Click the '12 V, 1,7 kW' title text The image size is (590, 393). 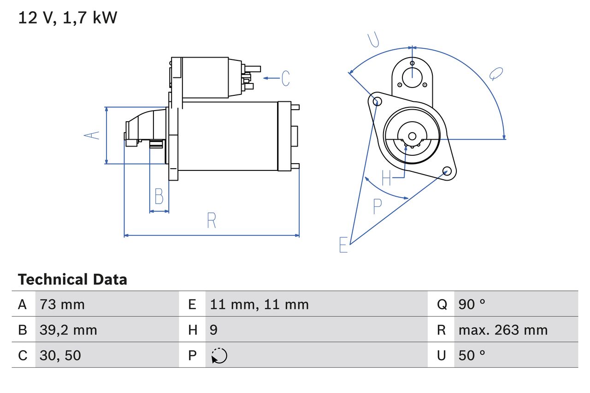pyautogui.click(x=68, y=18)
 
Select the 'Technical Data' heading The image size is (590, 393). pyautogui.click(x=72, y=280)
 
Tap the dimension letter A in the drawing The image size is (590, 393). pyautogui.click(x=92, y=135)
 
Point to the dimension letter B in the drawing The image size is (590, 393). pyautogui.click(x=159, y=196)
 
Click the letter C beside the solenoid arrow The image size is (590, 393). pyautogui.click(x=285, y=78)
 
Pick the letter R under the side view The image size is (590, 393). pyautogui.click(x=211, y=221)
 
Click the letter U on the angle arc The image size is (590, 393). pyautogui.click(x=374, y=41)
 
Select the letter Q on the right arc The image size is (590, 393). pyautogui.click(x=496, y=74)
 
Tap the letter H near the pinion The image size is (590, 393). pyautogui.click(x=386, y=178)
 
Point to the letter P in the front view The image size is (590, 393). pyautogui.click(x=377, y=207)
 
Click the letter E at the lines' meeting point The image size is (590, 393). pyautogui.click(x=343, y=245)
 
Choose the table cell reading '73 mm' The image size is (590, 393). pyautogui.click(x=62, y=305)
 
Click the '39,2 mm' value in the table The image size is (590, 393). pyautogui.click(x=68, y=330)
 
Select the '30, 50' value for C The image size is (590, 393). pyautogui.click(x=60, y=355)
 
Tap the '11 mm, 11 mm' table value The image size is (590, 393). pyautogui.click(x=259, y=305)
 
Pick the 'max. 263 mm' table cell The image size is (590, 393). pyautogui.click(x=503, y=330)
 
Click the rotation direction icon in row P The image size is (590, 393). pyautogui.click(x=219, y=356)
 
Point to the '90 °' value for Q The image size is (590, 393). pyautogui.click(x=472, y=305)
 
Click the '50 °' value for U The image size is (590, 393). pyautogui.click(x=472, y=355)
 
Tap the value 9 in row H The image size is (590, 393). pyautogui.click(x=214, y=330)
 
